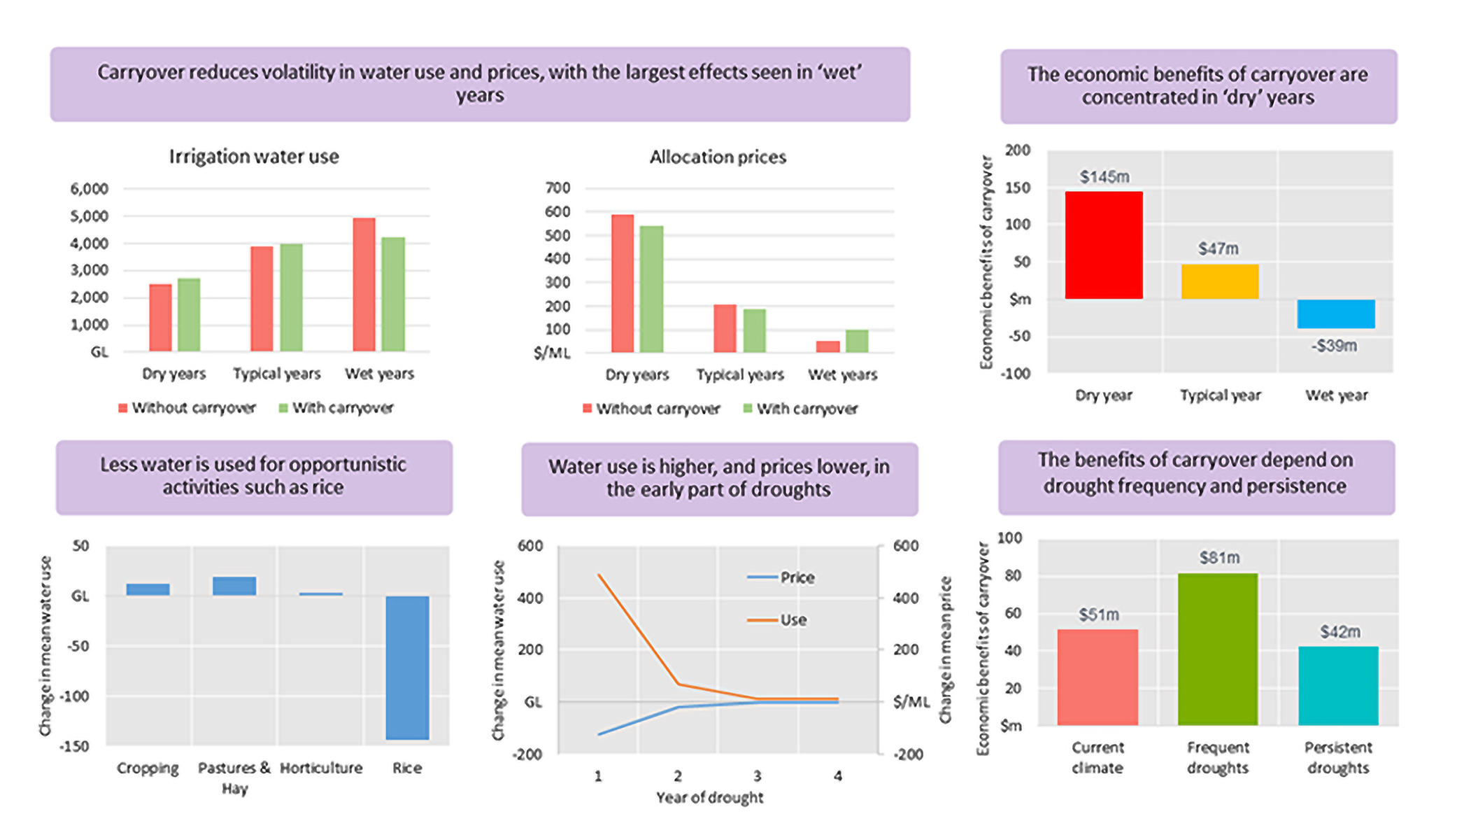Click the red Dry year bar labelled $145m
point(1103,245)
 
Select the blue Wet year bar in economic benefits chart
point(1335,314)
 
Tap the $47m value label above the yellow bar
point(1218,248)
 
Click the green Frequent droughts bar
point(1217,649)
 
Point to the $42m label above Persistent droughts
point(1339,632)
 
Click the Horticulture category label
point(321,768)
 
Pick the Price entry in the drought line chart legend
point(797,577)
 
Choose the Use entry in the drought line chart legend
point(793,620)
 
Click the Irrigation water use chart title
point(254,157)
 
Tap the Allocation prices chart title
point(718,157)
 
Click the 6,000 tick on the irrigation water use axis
point(89,189)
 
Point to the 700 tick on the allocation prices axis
point(557,188)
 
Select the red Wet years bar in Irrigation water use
point(364,284)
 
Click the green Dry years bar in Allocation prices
point(651,288)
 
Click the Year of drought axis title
point(709,797)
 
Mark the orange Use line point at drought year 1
point(599,575)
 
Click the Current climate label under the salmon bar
point(1097,757)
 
